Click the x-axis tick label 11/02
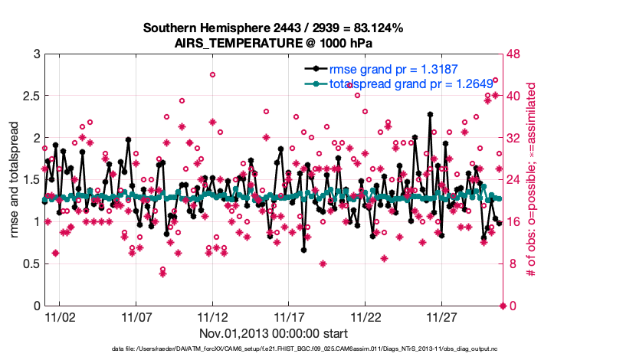pos(59,316)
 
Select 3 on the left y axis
pos(36,54)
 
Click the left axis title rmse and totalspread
pos(14,180)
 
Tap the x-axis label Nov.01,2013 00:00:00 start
pos(274,333)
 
